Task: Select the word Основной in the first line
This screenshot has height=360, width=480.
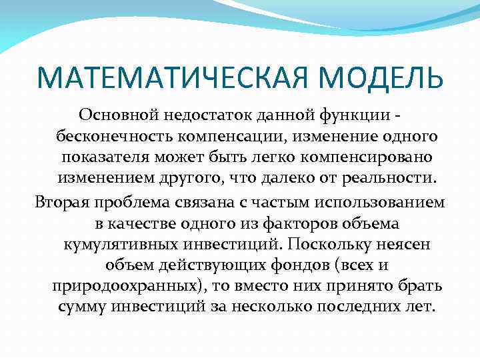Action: (117, 115)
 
